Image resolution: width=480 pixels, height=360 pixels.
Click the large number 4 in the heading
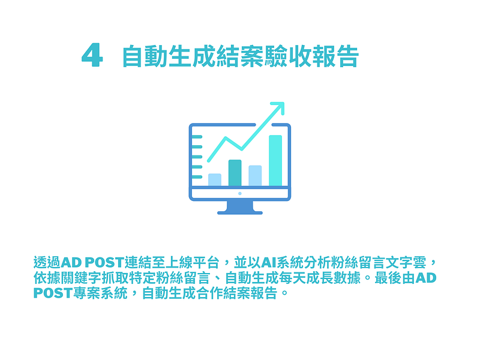click(92, 55)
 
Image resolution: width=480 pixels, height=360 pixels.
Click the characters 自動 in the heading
click(145, 56)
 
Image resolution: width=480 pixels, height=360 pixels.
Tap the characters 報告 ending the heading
click(335, 56)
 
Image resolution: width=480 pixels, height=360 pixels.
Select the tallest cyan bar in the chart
click(275, 160)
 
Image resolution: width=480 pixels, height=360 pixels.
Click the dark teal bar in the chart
click(235, 173)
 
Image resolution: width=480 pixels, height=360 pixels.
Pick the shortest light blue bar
click(215, 179)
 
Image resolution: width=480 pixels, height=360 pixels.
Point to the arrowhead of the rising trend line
click(279, 107)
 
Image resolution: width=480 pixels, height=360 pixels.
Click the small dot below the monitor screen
click(239, 193)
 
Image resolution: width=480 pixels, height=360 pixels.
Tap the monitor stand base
click(239, 213)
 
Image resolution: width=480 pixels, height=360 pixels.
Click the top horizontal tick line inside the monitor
click(197, 137)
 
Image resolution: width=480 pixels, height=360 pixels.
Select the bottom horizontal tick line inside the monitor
click(197, 177)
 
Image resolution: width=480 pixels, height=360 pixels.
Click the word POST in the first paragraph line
click(104, 263)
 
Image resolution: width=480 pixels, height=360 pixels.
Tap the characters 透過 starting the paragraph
click(47, 263)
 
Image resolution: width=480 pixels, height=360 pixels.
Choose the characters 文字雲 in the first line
click(406, 263)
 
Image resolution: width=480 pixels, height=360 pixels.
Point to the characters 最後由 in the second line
click(395, 278)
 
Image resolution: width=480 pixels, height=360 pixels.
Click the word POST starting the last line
click(53, 293)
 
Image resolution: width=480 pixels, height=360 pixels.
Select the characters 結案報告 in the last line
click(250, 293)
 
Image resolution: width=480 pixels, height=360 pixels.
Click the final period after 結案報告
click(284, 293)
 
